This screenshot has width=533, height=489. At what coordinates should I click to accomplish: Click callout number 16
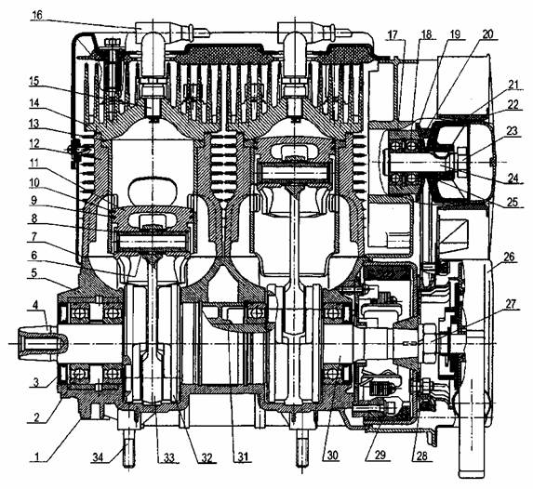[x=36, y=15]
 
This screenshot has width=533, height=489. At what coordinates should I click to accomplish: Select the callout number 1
[x=37, y=456]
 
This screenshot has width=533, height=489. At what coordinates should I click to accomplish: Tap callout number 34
[x=100, y=457]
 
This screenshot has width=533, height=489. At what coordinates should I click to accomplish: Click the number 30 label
[x=332, y=456]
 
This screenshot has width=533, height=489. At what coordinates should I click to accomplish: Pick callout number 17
[x=393, y=34]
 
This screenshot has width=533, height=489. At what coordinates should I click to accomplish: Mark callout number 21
[x=513, y=84]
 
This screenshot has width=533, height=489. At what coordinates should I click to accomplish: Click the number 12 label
[x=33, y=143]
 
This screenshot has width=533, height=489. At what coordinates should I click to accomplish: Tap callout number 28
[x=421, y=456]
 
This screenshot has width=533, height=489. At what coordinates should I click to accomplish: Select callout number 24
[x=513, y=178]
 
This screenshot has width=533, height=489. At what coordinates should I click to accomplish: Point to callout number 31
[x=242, y=456]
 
